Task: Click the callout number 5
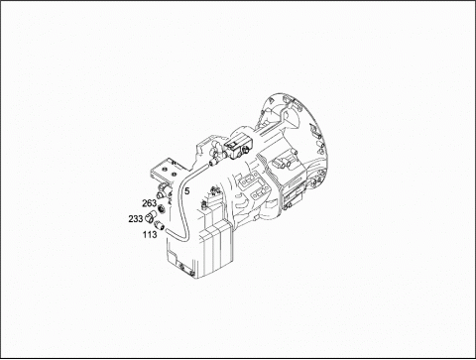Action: point(187,191)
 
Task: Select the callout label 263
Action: point(150,203)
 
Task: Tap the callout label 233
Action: point(136,219)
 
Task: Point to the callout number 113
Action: point(150,235)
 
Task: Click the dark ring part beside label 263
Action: point(162,209)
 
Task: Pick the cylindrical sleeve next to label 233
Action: point(152,215)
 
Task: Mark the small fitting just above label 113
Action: point(160,225)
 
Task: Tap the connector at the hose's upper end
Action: point(212,162)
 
